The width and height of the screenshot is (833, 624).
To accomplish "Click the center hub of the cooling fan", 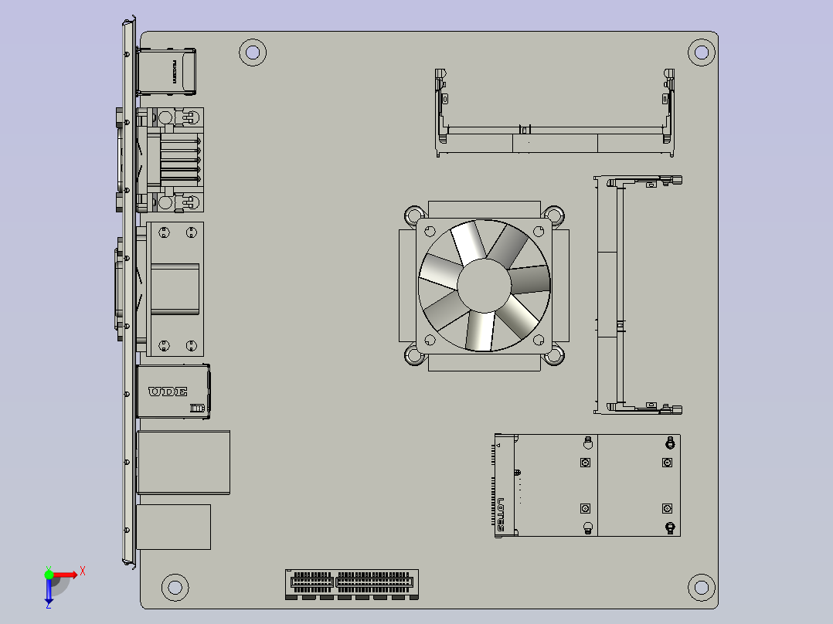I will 484,285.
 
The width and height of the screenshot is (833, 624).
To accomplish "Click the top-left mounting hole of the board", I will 252,53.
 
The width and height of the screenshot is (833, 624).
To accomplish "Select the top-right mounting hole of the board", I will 701,53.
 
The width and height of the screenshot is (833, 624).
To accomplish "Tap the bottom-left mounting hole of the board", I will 175,586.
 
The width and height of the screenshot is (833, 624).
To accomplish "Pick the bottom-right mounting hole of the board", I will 701,586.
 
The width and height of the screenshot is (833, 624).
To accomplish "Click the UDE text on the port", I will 168,392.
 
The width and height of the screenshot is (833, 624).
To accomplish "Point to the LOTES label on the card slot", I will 501,514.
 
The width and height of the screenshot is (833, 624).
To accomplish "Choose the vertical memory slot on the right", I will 620,293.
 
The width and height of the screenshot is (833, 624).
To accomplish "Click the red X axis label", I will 82,571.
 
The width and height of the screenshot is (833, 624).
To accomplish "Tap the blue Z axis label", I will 48,605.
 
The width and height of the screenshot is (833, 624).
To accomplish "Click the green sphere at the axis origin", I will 49,574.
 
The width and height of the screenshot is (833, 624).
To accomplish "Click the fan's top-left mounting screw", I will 414,215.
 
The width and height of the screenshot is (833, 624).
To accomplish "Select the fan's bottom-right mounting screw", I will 552,356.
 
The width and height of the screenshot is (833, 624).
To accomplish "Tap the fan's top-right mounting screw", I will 552,215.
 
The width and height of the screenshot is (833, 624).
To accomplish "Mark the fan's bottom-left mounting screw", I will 414,356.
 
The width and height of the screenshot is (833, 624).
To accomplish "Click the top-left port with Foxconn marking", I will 166,71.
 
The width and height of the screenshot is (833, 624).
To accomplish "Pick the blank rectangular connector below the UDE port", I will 183,462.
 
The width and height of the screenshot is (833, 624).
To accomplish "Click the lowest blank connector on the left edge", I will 174,527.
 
